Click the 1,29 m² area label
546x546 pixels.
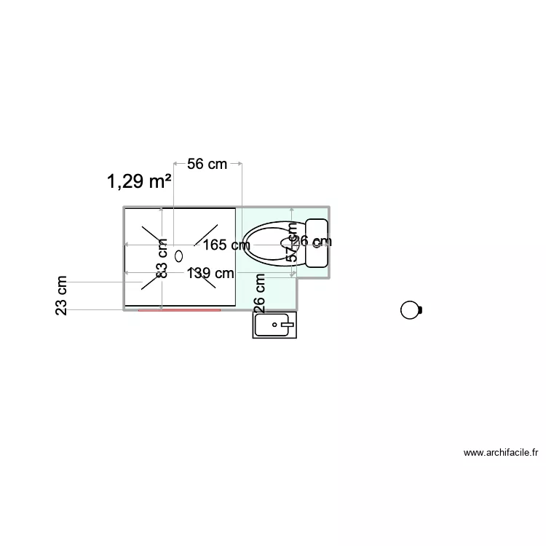[x=139, y=181]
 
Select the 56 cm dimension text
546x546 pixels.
[x=207, y=165]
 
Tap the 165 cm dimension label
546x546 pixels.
[x=226, y=245]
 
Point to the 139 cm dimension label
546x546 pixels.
[x=210, y=274]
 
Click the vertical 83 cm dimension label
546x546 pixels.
[x=162, y=259]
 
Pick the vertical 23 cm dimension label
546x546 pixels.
[x=62, y=296]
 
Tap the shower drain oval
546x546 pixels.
[x=179, y=255]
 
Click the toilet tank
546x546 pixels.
[x=317, y=243]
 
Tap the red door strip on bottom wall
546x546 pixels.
[x=179, y=310]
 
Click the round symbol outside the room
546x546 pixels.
[x=411, y=310]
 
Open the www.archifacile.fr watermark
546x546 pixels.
[x=501, y=453]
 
